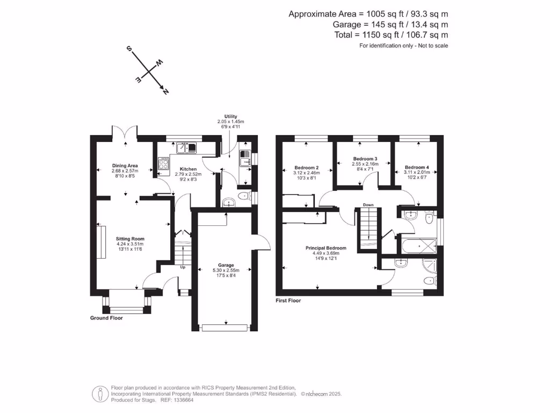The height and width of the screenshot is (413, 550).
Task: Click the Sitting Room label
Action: [131, 239]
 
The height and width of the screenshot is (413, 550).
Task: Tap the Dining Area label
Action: [125, 165]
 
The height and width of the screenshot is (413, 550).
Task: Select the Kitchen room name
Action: [188, 169]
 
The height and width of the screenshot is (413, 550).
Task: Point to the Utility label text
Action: [231, 116]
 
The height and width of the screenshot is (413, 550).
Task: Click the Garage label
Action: [226, 265]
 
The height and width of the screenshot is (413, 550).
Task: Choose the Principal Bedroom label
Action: [326, 248]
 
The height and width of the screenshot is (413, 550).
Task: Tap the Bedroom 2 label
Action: [307, 167]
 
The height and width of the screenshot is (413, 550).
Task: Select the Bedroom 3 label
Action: [365, 159]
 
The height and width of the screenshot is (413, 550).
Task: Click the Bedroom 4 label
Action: [417, 167]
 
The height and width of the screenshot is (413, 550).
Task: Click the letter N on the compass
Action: [165, 92]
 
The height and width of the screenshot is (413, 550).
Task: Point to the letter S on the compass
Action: [129, 48]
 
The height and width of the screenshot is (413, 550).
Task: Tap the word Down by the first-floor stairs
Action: [368, 205]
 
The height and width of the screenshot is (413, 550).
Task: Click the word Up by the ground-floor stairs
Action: [183, 267]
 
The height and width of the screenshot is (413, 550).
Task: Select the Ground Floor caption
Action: [106, 318]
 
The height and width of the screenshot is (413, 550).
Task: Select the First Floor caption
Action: [288, 301]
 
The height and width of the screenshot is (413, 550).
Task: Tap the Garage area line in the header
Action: [390, 24]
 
